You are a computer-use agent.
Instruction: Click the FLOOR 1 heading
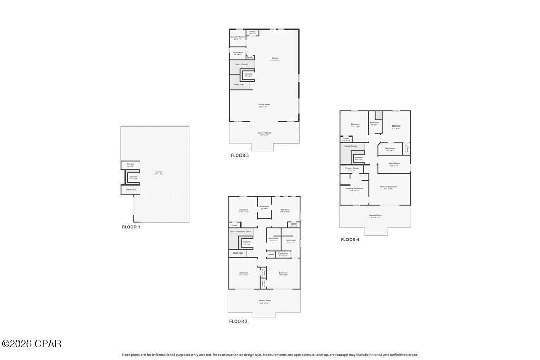(x=131, y=227)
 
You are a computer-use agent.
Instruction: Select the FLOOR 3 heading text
(x=239, y=155)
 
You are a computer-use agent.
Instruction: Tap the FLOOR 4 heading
(x=350, y=239)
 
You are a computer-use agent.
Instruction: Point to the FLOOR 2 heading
(x=238, y=321)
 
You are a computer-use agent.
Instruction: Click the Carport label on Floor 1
(x=159, y=173)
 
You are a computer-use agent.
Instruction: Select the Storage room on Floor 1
(x=130, y=165)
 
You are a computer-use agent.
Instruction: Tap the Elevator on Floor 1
(x=133, y=177)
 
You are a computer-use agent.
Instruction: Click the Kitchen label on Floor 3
(x=275, y=59)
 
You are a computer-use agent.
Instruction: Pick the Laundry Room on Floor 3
(x=238, y=37)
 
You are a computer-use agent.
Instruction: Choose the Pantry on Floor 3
(x=250, y=57)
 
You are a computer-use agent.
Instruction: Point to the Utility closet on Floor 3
(x=252, y=32)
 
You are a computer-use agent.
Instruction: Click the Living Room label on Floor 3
(x=264, y=105)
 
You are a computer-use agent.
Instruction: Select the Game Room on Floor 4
(x=393, y=164)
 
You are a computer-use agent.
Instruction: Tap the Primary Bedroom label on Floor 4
(x=388, y=187)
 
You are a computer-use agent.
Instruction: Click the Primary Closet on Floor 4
(x=352, y=169)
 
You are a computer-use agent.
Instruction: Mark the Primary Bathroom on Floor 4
(x=354, y=189)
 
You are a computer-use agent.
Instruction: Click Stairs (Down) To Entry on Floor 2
(x=240, y=232)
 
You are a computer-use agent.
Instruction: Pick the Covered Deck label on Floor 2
(x=264, y=301)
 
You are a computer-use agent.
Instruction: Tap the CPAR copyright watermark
(x=32, y=344)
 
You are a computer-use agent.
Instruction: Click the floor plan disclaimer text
(x=269, y=355)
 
